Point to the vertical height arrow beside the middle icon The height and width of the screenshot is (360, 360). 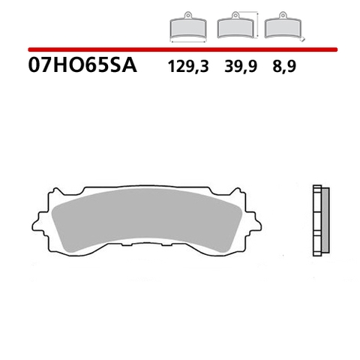pos(257,24)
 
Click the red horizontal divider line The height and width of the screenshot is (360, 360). pos(180,49)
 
